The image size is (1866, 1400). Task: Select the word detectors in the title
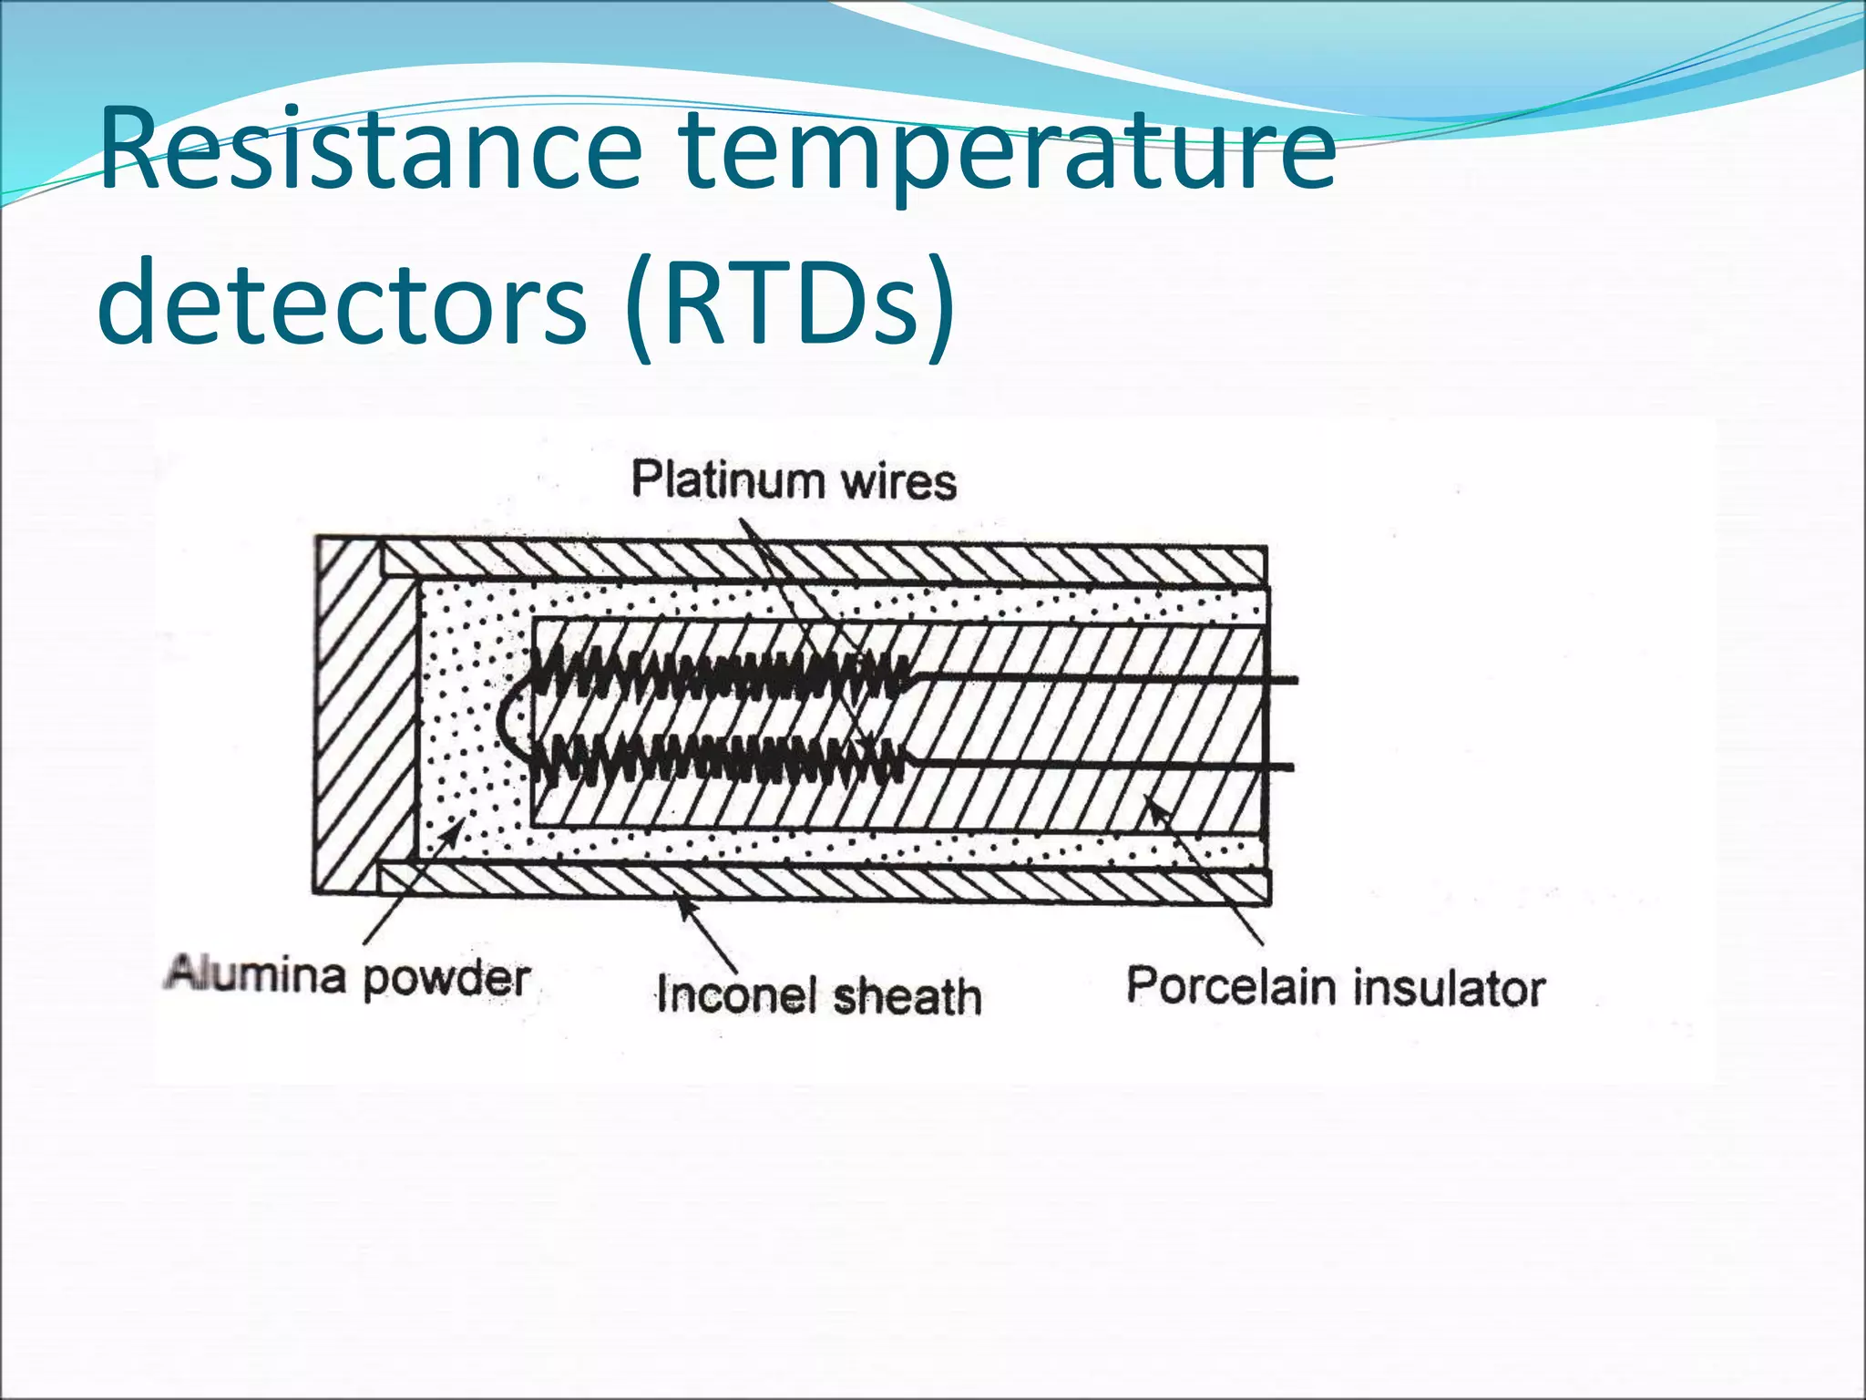pyautogui.click(x=342, y=301)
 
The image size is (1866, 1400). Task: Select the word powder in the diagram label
pyautogui.click(x=446, y=979)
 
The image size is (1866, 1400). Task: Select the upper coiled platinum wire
pyautogui.click(x=720, y=675)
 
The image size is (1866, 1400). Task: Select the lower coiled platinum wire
pyautogui.click(x=720, y=760)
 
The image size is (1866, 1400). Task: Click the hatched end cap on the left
pyautogui.click(x=346, y=715)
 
